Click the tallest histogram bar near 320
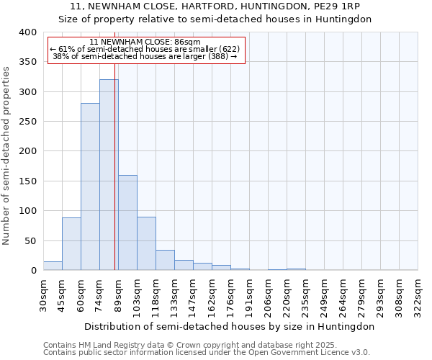pyautogui.click(x=109, y=175)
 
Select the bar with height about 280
pyautogui.click(x=90, y=187)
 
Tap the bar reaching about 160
pyautogui.click(x=127, y=222)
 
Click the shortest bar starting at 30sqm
pyautogui.click(x=53, y=266)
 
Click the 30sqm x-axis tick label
pyautogui.click(x=43, y=294)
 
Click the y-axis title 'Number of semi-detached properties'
pyautogui.click(x=6, y=155)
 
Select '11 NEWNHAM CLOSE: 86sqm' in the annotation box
pyautogui.click(x=145, y=42)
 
